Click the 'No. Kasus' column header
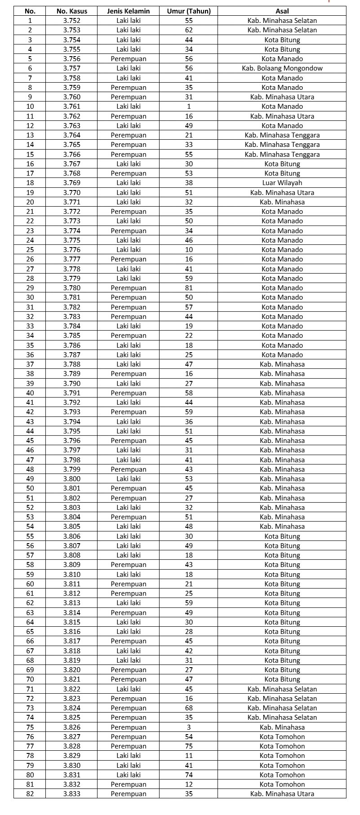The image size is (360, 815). point(72,11)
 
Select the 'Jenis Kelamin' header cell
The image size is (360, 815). point(129,11)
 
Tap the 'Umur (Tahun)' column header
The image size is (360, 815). point(189,11)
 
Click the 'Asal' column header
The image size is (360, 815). point(282,11)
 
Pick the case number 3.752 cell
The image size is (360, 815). point(72,21)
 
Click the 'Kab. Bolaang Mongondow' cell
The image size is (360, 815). point(282,68)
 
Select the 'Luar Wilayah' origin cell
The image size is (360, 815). point(282,183)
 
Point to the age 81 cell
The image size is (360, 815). point(189,288)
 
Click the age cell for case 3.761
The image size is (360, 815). point(189,106)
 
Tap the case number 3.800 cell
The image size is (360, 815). point(72,479)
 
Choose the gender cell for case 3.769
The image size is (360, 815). point(129,183)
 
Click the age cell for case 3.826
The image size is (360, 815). point(189,727)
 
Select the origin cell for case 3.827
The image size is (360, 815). point(282,737)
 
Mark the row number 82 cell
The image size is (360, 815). point(30,794)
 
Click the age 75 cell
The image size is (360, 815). point(189,746)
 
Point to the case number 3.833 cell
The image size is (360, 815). point(72,794)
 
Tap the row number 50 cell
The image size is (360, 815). point(30,488)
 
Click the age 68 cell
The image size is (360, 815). point(189,708)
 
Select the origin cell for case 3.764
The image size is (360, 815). point(282,135)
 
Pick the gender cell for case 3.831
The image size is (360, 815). point(129,775)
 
